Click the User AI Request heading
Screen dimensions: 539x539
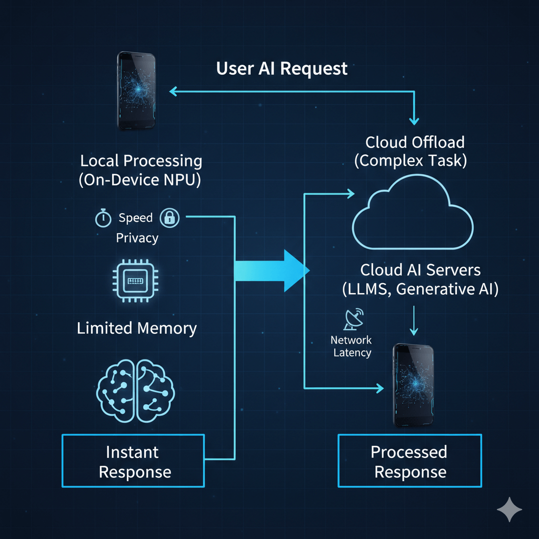(282, 69)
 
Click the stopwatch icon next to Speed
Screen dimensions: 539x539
(103, 218)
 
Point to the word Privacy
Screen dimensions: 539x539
(137, 238)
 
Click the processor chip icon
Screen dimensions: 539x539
(137, 283)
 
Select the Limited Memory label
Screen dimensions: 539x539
(137, 328)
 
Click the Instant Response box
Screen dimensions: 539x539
(133, 461)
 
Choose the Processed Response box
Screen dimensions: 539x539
(410, 461)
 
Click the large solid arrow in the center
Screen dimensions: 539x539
(271, 271)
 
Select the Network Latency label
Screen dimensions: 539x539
(352, 346)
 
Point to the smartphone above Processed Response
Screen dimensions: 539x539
(414, 385)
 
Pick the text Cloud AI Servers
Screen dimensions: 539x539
(420, 270)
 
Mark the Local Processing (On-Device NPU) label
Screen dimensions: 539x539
(141, 169)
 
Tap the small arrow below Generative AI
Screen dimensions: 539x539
(414, 322)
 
